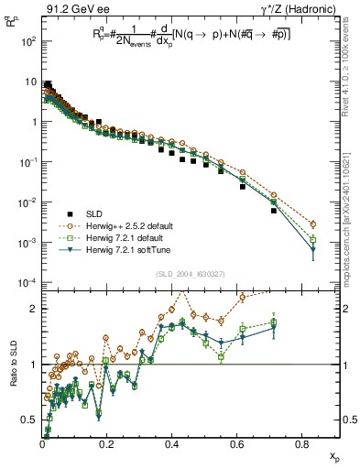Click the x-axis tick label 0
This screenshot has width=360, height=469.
[42, 446]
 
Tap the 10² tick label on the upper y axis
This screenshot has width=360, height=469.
[27, 42]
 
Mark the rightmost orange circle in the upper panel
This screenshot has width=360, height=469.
[313, 224]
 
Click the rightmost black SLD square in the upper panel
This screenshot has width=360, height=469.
[274, 211]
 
